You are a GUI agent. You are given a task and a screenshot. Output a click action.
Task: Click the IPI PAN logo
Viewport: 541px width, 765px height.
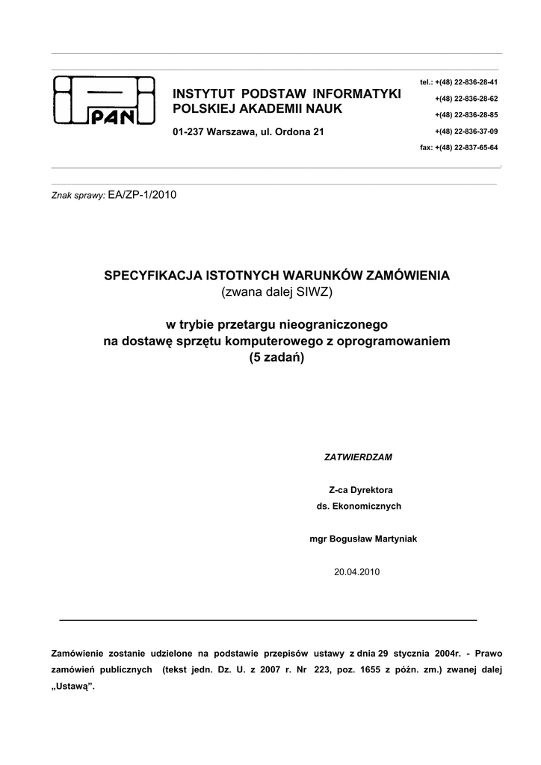104,102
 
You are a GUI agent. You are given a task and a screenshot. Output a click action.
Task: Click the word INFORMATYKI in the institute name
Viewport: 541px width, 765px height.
356,93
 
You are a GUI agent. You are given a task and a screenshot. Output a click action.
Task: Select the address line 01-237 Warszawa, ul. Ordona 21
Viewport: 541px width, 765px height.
248,132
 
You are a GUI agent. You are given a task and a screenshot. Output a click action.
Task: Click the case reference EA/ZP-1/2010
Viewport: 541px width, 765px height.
143,194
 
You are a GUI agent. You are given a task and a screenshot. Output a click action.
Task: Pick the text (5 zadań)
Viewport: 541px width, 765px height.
276,357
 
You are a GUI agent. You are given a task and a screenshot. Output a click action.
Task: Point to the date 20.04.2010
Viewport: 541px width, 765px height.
357,572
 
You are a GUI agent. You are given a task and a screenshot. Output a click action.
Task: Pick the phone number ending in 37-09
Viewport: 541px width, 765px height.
466,131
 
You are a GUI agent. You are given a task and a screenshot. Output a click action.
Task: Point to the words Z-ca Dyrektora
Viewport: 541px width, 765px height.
361,490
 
